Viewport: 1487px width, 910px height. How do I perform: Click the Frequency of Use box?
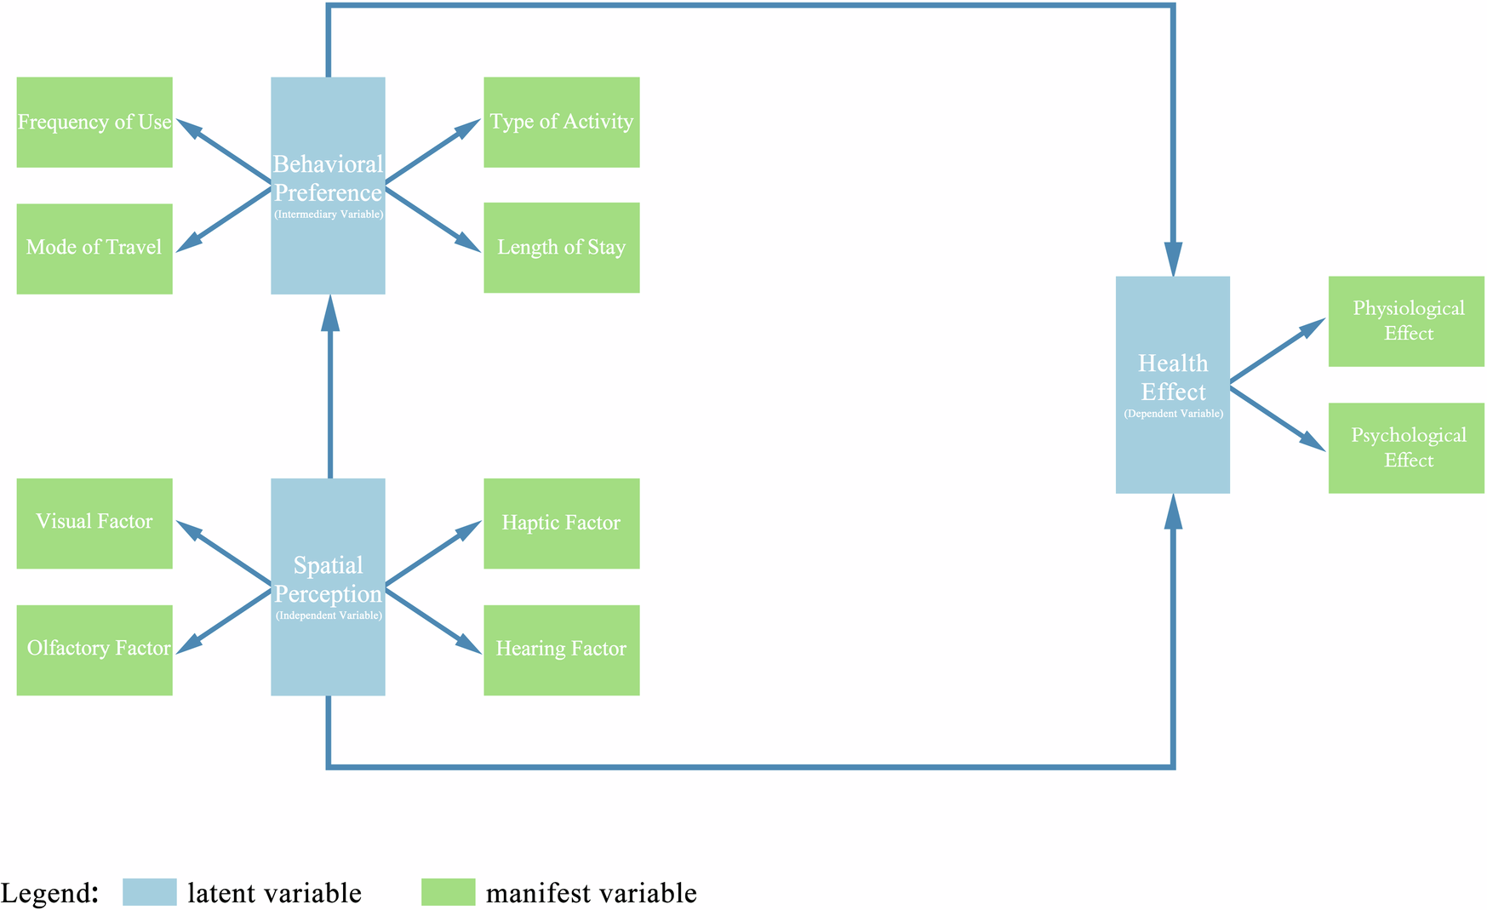94,123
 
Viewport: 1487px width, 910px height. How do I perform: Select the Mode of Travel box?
94,249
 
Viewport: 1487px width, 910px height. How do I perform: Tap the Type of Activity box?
561,123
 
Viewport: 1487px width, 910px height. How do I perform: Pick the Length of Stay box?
561,248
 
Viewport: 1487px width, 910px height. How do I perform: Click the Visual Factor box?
94,523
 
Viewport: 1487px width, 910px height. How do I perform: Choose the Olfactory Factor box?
94,650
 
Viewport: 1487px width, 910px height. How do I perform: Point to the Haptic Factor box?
561,523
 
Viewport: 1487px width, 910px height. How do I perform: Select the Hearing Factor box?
561,650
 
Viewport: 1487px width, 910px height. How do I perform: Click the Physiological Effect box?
1406,321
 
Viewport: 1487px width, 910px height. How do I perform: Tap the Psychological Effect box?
1406,448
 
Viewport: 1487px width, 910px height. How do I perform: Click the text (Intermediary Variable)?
329,215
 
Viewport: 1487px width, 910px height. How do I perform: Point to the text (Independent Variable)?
329,615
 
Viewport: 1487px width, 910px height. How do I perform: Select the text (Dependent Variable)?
1173,414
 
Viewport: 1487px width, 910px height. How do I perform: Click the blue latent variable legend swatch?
150,892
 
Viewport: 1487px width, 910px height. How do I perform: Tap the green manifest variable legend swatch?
449,892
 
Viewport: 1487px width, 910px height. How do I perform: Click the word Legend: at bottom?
50,893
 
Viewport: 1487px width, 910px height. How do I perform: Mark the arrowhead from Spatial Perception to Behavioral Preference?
330,312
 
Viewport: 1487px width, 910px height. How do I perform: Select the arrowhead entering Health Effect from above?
1173,258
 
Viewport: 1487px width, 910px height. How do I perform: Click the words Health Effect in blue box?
1173,378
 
